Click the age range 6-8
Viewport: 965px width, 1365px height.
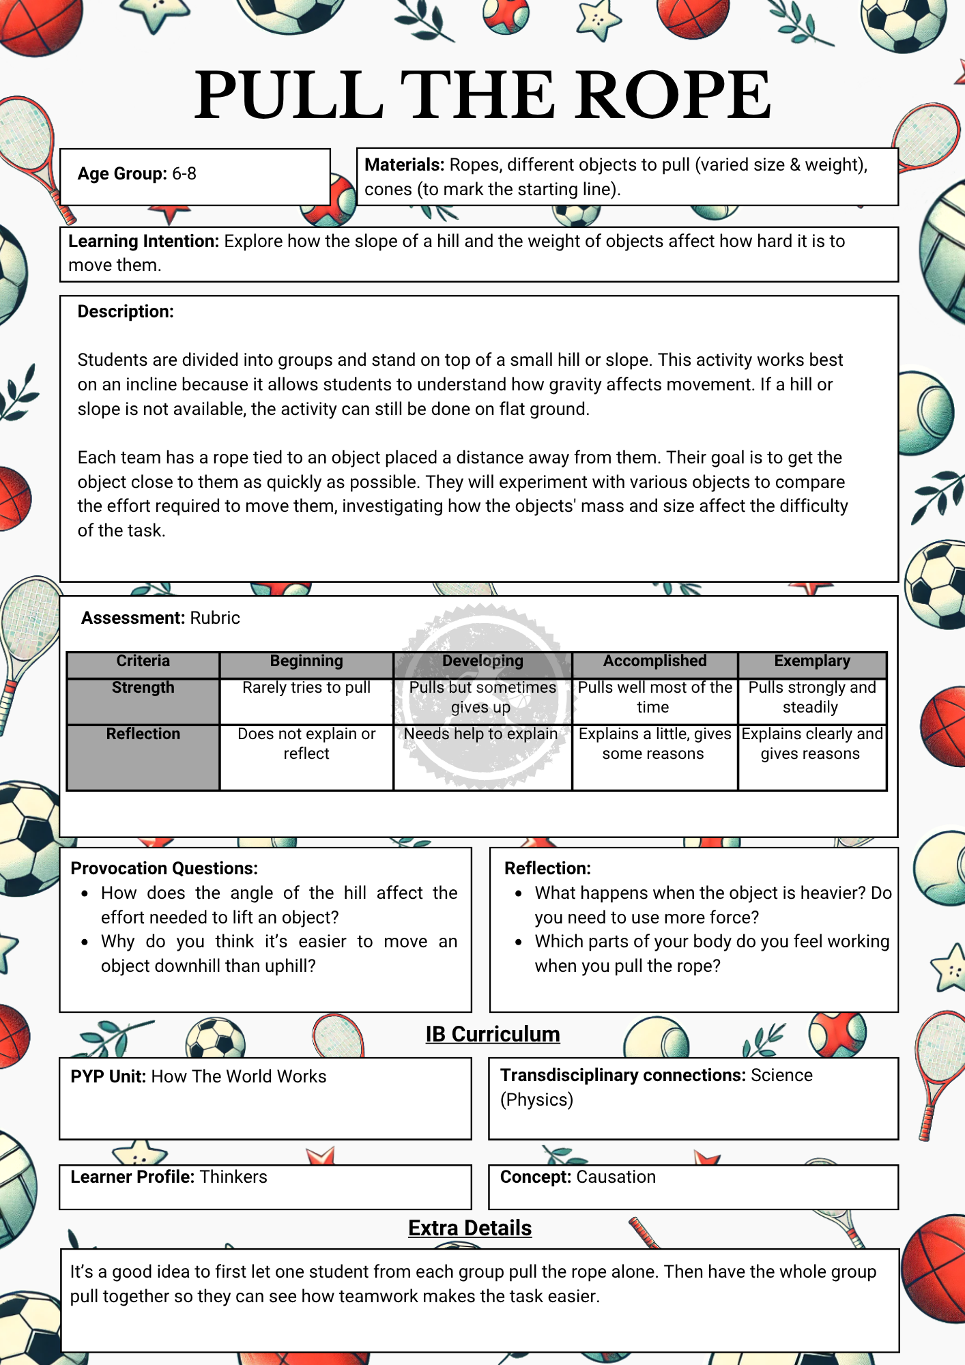(184, 174)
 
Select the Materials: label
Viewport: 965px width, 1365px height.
(404, 165)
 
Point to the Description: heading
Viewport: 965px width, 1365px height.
(126, 312)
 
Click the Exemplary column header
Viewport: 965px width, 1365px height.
(811, 661)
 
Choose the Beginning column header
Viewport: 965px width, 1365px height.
(306, 661)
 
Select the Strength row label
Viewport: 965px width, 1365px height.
(143, 688)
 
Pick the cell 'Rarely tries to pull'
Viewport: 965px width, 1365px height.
(306, 688)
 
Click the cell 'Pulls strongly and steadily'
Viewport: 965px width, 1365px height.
(811, 697)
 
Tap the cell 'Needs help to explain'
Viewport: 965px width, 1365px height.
(481, 734)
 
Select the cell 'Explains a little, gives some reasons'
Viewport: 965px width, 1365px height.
(654, 743)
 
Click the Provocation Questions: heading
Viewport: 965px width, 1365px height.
(164, 869)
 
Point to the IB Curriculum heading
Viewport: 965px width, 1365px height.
(492, 1035)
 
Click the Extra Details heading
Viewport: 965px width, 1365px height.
(470, 1228)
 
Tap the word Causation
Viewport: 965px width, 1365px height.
(616, 1177)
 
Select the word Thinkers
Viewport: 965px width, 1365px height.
(233, 1177)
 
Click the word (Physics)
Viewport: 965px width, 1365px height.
(536, 1100)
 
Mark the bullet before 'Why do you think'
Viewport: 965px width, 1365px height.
(85, 943)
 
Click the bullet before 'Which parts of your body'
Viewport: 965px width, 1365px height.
(519, 943)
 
